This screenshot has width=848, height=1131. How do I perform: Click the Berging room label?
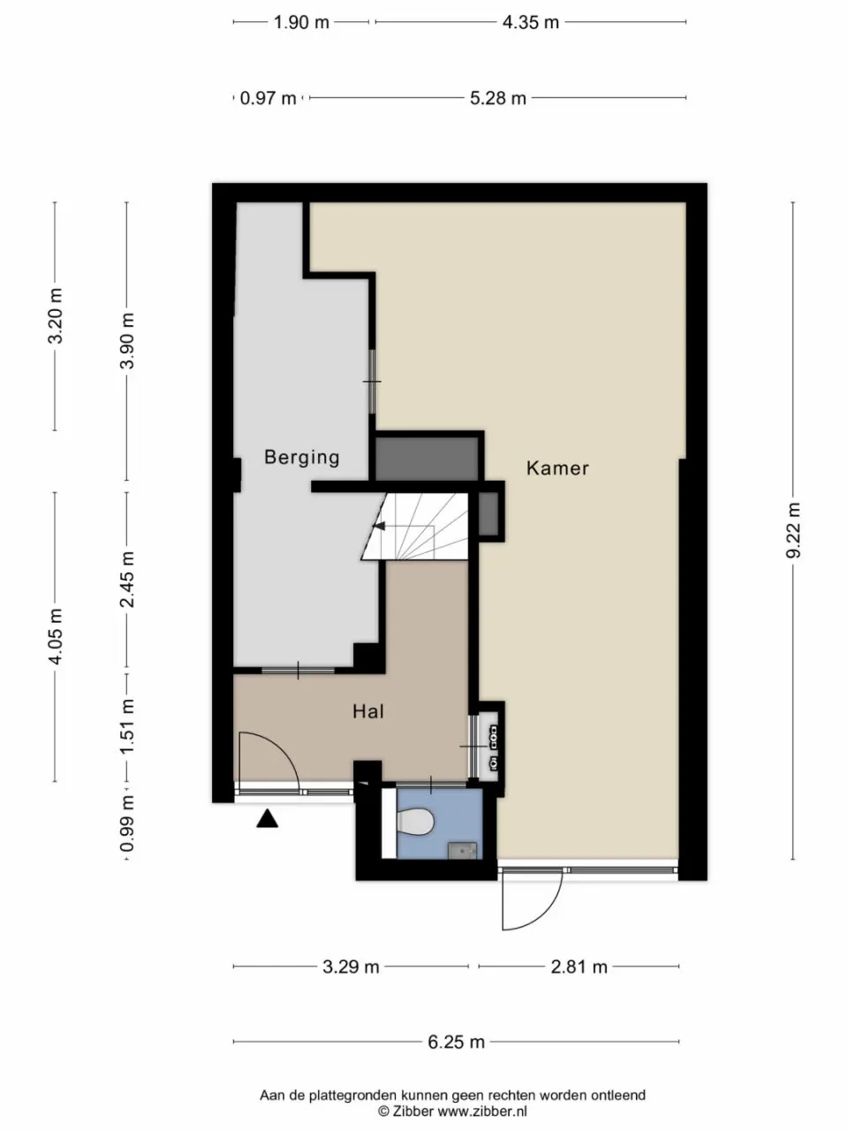pos(302,458)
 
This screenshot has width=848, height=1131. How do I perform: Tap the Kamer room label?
pos(557,467)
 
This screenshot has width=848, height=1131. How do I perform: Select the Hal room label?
pos(368,711)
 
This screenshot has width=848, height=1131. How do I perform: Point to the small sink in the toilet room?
pos(462,851)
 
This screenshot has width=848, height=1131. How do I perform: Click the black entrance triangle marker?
pos(268,819)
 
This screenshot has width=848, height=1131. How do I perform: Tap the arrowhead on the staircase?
pos(380,526)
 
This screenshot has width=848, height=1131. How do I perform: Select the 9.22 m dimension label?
pos(793,531)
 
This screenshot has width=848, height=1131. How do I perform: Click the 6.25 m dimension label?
pos(456,1042)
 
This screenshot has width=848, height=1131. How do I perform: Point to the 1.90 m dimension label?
pos(301,23)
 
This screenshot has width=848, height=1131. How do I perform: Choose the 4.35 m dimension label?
pos(531,23)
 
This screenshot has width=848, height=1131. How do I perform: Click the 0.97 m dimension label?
pos(269,98)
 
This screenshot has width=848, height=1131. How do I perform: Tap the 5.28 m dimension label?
pos(498,98)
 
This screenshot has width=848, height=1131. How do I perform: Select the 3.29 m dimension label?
pos(351,967)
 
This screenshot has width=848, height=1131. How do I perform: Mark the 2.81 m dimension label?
pos(579,967)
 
